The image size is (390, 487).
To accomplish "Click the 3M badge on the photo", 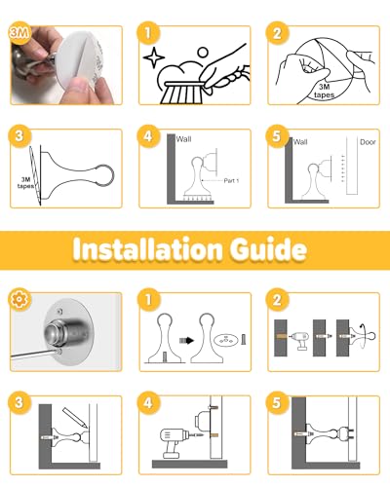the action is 19,32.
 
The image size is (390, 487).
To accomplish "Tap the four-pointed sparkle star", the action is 154,57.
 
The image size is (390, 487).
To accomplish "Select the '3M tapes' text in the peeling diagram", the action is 324,91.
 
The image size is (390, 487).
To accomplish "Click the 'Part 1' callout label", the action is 231,180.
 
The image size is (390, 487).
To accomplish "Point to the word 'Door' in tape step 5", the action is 368,142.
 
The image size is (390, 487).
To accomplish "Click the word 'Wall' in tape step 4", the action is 183,139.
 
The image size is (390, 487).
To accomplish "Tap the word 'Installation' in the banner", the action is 148,249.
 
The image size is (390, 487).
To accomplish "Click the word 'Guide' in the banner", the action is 268,249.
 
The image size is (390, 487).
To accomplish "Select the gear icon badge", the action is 19,299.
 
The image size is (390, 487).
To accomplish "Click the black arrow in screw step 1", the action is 186,341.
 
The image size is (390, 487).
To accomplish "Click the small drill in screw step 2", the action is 299,340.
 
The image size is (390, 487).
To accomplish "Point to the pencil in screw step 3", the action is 75,417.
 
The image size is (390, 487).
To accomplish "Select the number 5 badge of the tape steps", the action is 277,136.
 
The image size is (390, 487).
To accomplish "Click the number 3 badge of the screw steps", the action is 19,402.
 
